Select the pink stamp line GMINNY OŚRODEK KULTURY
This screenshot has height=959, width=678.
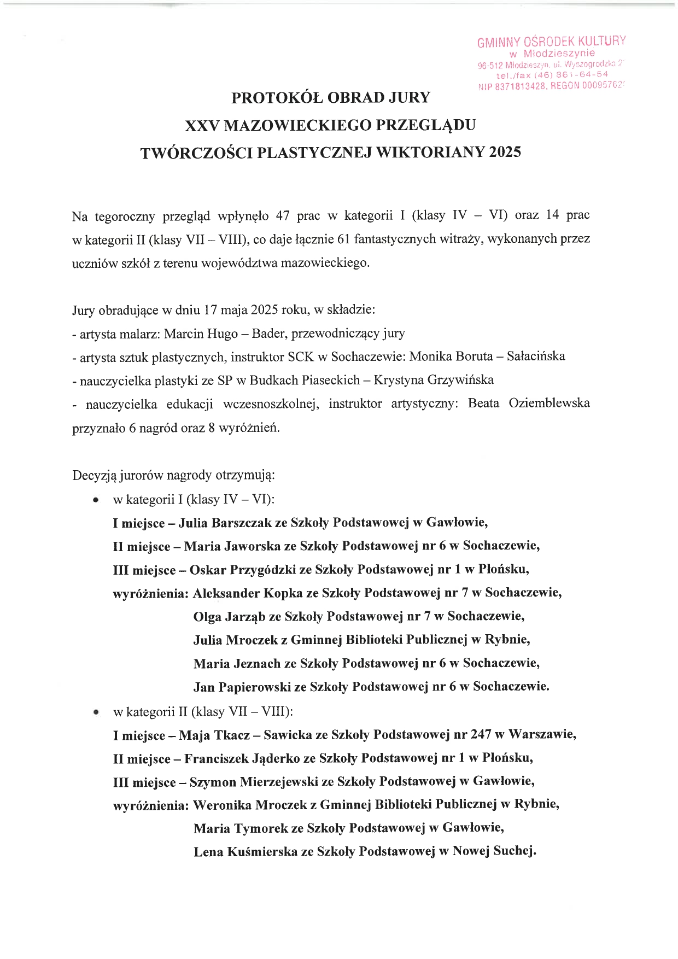pyautogui.click(x=551, y=42)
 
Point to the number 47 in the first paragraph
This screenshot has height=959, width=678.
pyautogui.click(x=283, y=215)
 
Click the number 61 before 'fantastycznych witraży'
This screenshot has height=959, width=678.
pyautogui.click(x=340, y=239)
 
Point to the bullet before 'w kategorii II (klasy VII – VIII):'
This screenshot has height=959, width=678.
pyautogui.click(x=96, y=712)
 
